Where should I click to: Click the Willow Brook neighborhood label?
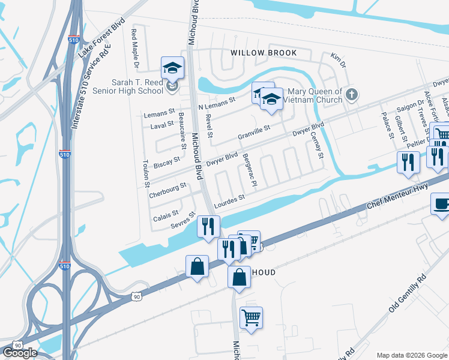pyautogui.click(x=264, y=53)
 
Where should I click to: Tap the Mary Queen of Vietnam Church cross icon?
pyautogui.click(x=352, y=94)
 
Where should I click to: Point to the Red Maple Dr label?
pyautogui.click(x=135, y=48)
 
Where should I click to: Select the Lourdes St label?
pyautogui.click(x=229, y=199)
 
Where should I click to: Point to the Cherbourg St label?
pyautogui.click(x=168, y=184)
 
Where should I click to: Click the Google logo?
pyautogui.click(x=20, y=353)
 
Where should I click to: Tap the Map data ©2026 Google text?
pyautogui.click(x=412, y=355)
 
